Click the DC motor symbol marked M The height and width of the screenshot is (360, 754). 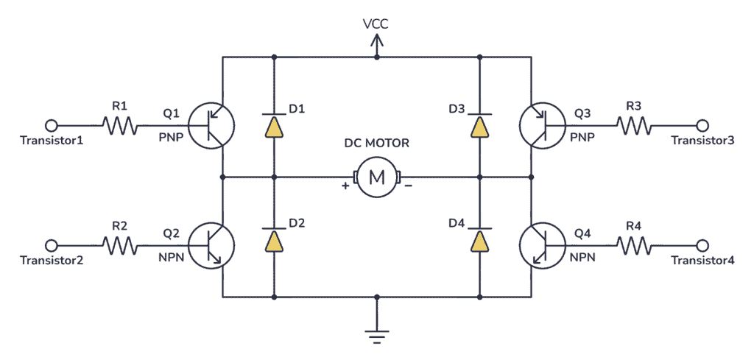[376, 177]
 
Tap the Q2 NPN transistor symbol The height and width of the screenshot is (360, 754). [211, 244]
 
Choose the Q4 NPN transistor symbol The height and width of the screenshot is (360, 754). [542, 244]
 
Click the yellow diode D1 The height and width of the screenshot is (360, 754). [274, 127]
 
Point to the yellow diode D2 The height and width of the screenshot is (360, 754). [274, 241]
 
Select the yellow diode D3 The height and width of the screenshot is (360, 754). [479, 127]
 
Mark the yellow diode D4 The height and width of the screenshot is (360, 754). [479, 241]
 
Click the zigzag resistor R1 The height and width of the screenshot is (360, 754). [120, 126]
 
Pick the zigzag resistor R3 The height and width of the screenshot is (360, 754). [634, 126]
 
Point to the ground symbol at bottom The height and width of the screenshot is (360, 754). [377, 336]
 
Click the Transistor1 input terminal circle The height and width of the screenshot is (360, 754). [52, 126]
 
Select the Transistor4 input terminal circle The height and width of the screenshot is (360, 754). [702, 244]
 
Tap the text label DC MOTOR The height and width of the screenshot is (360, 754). [376, 144]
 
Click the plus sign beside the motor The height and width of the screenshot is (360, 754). [345, 186]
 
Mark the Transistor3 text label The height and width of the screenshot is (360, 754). [702, 141]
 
